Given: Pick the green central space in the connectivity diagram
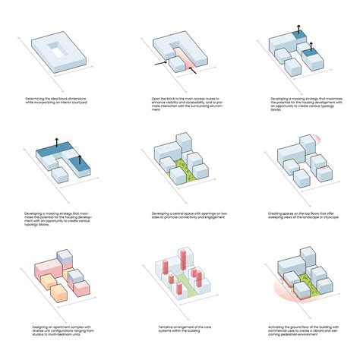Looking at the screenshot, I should click(x=181, y=171).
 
